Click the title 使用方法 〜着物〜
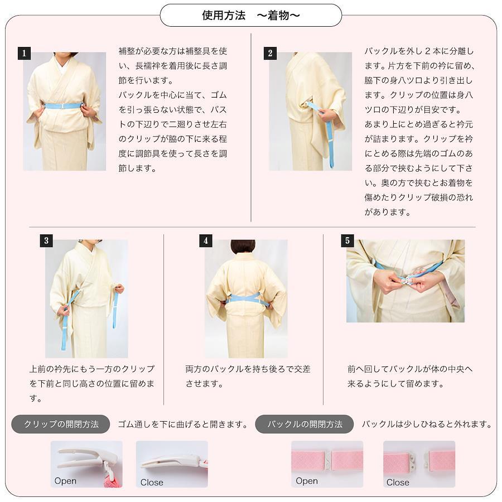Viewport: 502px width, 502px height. pyautogui.click(x=250, y=16)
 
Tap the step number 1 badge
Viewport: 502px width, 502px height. pyautogui.click(x=24, y=53)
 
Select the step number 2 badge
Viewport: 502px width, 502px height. pyautogui.click(x=270, y=53)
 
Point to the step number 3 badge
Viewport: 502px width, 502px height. pyautogui.click(x=46, y=240)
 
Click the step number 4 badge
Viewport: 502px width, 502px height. pyautogui.click(x=205, y=240)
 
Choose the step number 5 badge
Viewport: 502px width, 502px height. pyautogui.click(x=347, y=240)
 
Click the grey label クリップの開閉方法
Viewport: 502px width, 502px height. pyautogui.click(x=61, y=424)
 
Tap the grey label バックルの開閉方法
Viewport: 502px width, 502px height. pyautogui.click(x=305, y=424)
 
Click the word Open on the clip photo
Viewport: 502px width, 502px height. pyautogui.click(x=65, y=481)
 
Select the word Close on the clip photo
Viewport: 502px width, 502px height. pyautogui.click(x=151, y=482)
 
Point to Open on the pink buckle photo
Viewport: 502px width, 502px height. pyautogui.click(x=307, y=481)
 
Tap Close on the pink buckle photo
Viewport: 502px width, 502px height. pyautogui.click(x=398, y=482)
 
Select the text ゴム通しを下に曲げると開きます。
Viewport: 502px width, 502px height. pyautogui.click(x=184, y=424)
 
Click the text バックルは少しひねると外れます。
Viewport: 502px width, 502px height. pyautogui.click(x=427, y=424)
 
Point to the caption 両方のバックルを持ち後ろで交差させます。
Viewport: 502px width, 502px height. pyautogui.click(x=248, y=376)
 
